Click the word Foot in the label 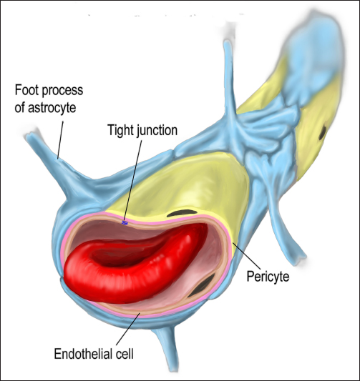pyautogui.click(x=26, y=90)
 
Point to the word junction pyautogui.click(x=157, y=131)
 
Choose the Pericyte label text pyautogui.click(x=268, y=277)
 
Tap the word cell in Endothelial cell pyautogui.click(x=125, y=354)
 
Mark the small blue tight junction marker pyautogui.click(x=125, y=223)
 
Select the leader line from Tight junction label pyautogui.click(x=133, y=180)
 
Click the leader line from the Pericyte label pyautogui.click(x=247, y=255)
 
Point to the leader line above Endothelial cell pyautogui.click(x=127, y=329)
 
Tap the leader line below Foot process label pyautogui.click(x=60, y=140)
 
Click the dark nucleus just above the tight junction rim pyautogui.click(x=182, y=213)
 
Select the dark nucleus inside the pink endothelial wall pyautogui.click(x=202, y=285)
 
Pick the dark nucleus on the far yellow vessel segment pyautogui.click(x=323, y=132)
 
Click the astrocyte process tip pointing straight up pyautogui.click(x=227, y=43)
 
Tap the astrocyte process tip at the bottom pyautogui.click(x=173, y=369)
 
